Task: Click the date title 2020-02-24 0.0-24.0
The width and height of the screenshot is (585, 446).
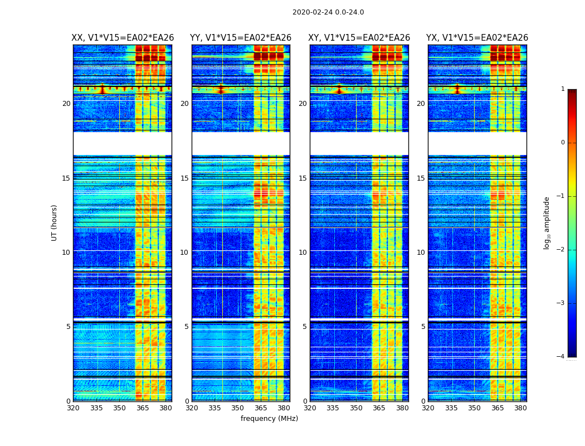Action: coord(328,12)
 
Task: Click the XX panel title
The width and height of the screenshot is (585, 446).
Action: coord(123,38)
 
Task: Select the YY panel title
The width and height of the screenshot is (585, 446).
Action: coord(241,38)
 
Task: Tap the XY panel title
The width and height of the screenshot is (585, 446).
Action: coord(359,38)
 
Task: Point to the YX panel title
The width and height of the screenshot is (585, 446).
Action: coord(477,38)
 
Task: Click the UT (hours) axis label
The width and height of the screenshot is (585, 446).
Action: coord(55,222)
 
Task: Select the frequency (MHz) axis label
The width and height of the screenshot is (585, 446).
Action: coord(269,419)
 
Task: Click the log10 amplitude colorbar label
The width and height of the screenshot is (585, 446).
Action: coord(547,222)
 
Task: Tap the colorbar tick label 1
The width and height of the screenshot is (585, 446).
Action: coord(562,89)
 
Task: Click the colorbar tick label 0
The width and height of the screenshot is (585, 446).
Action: coord(562,143)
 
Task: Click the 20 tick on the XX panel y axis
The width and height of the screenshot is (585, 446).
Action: coord(66,104)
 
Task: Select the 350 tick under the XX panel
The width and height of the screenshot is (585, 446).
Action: coord(119,408)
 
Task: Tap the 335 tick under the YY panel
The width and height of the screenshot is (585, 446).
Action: coord(214,408)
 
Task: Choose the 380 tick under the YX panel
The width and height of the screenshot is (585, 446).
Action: coord(520,408)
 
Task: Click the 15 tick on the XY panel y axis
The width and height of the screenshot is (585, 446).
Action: coord(303,178)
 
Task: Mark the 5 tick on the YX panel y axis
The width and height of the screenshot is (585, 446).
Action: coord(423,327)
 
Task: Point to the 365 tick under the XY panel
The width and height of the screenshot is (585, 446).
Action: coord(379,408)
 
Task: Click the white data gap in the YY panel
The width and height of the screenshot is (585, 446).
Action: coord(241,143)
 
